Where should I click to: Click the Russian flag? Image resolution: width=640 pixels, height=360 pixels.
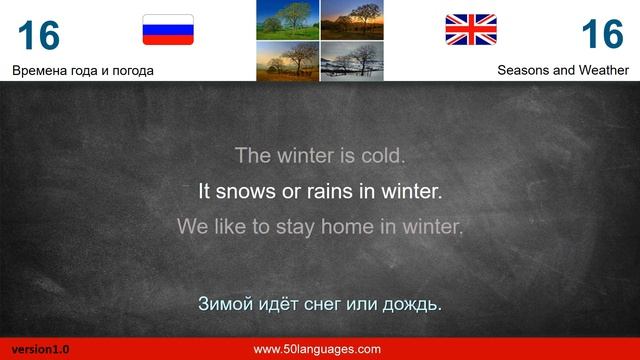click(168, 30)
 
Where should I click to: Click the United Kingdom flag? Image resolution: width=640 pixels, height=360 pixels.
click(471, 30)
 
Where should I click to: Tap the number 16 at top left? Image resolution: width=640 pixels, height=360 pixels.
click(38, 35)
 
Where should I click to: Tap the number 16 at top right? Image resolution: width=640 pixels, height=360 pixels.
click(602, 35)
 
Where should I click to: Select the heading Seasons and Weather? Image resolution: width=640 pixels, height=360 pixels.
click(563, 70)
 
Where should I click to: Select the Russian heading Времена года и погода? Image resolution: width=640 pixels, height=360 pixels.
click(83, 70)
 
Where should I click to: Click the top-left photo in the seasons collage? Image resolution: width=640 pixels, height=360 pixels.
click(288, 20)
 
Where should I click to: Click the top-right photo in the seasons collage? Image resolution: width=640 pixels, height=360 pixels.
click(351, 20)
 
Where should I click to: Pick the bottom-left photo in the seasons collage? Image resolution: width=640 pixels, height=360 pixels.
click(288, 60)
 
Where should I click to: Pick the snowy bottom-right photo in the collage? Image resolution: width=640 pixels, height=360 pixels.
click(351, 60)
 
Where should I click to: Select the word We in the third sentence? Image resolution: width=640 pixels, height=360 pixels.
click(192, 226)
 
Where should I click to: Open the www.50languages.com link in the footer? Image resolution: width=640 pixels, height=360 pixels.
click(317, 349)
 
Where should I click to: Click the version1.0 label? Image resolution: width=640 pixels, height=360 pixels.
click(41, 350)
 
